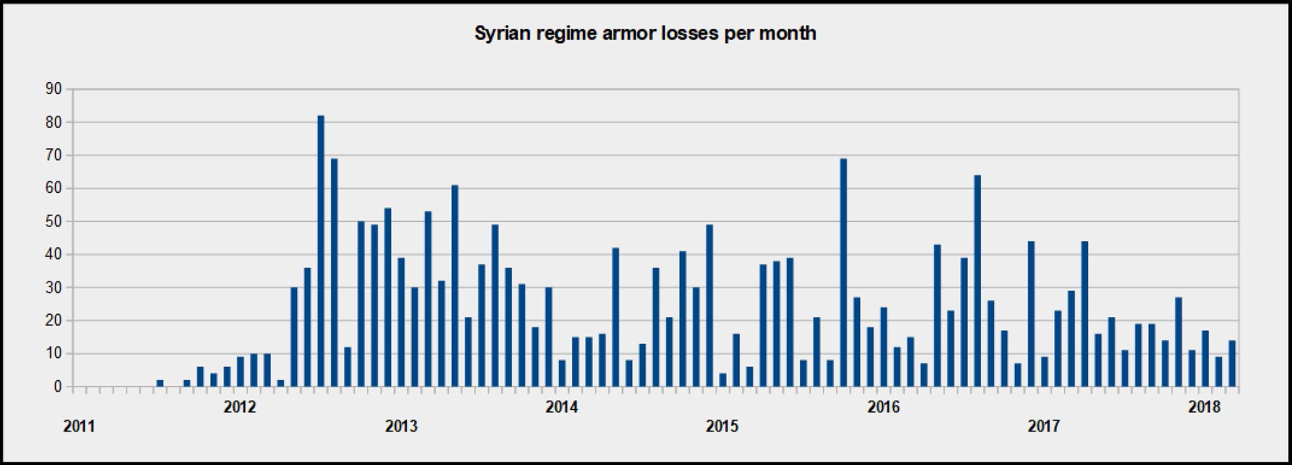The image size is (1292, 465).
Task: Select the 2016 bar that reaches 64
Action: (x=977, y=281)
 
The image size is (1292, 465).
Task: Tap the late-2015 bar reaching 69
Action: (x=843, y=273)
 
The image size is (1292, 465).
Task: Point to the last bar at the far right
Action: (x=1231, y=363)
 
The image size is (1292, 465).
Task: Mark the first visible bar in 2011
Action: (x=160, y=383)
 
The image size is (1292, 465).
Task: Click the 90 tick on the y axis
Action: (x=54, y=90)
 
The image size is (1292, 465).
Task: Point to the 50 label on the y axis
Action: (x=54, y=221)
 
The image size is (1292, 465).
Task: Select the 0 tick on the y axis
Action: (x=57, y=387)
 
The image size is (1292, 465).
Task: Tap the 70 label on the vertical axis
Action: (x=54, y=155)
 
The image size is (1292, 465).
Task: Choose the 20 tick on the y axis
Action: (x=54, y=321)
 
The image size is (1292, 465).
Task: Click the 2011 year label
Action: (x=79, y=427)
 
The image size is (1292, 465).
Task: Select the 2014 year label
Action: (x=561, y=407)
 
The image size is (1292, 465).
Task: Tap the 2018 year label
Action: (x=1204, y=407)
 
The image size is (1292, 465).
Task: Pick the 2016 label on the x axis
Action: (x=883, y=407)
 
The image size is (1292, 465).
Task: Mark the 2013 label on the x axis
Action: (x=401, y=427)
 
